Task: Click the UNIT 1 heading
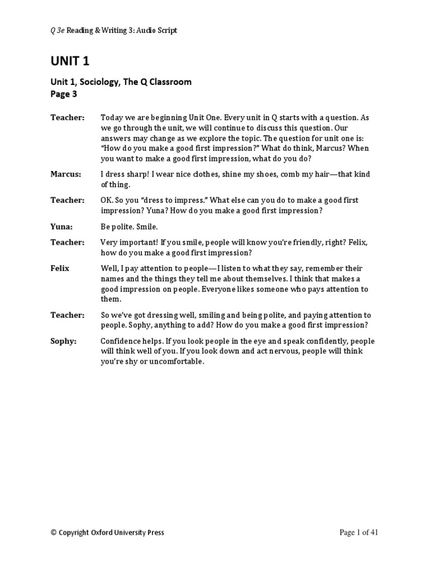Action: tap(70, 61)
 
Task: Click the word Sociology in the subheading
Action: tap(98, 82)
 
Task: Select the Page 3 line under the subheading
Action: tap(64, 94)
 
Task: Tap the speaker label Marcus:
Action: tap(65, 174)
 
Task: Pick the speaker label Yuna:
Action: tap(62, 227)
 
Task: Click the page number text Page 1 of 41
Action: tap(359, 532)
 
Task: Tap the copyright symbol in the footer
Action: tap(54, 533)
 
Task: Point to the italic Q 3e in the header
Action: tap(58, 31)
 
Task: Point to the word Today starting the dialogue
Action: tap(111, 117)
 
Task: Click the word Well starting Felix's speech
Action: tap(109, 268)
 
